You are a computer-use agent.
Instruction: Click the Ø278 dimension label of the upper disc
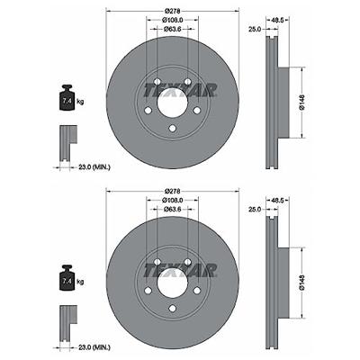(173, 11)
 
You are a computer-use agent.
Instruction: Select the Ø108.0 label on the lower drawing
(173, 200)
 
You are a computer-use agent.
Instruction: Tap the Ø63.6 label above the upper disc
(173, 29)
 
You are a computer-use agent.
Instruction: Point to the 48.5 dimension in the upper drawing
(277, 20)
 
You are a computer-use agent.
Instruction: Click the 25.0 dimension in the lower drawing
(255, 210)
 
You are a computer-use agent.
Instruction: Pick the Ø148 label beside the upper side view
(302, 103)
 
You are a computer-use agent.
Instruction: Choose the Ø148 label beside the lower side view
(302, 283)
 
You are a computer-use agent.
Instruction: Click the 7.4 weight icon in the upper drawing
(67, 98)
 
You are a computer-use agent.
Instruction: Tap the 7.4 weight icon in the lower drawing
(67, 278)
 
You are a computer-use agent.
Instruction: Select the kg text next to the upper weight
(80, 102)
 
